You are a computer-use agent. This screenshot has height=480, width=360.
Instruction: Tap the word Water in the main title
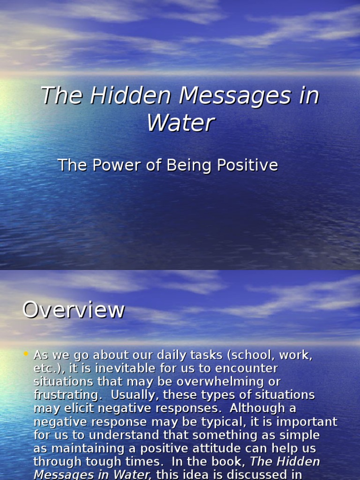(180, 123)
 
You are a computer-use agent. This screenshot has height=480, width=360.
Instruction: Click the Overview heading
(74, 310)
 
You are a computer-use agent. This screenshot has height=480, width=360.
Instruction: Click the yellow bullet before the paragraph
(26, 354)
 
